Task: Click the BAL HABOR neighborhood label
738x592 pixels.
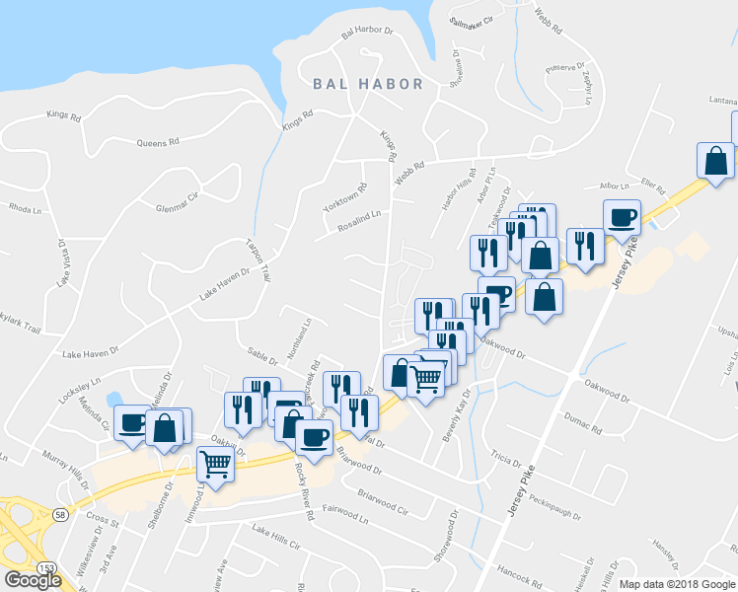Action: click(368, 85)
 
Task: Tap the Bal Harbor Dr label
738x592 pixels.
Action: click(367, 31)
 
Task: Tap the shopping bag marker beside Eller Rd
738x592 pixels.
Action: click(715, 162)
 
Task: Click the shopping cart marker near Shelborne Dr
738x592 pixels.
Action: click(216, 463)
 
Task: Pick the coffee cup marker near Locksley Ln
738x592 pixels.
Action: click(131, 424)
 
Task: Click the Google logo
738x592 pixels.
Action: click(33, 580)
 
